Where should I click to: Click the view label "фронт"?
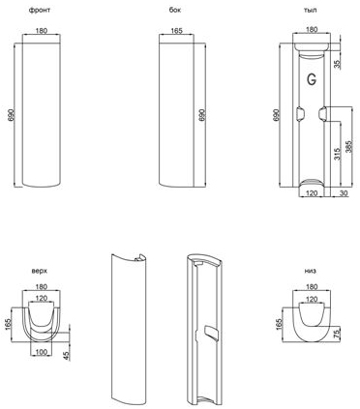click(x=40, y=10)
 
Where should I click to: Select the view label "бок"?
click(x=175, y=10)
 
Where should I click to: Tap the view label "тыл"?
click(x=311, y=10)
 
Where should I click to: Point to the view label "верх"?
click(x=40, y=271)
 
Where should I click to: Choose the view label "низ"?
click(x=311, y=271)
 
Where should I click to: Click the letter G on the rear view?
click(x=312, y=79)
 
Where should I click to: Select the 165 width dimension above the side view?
click(x=176, y=31)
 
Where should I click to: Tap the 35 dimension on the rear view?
click(x=337, y=64)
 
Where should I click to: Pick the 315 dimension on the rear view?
click(x=337, y=154)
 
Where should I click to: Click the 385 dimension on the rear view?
click(x=348, y=146)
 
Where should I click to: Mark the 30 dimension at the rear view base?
click(x=344, y=193)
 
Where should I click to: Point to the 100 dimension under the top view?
click(x=41, y=352)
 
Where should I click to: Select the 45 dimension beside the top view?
click(x=67, y=356)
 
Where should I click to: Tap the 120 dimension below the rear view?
click(x=312, y=193)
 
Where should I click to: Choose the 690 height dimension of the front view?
click(x=12, y=115)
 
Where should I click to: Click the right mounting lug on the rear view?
click(x=323, y=114)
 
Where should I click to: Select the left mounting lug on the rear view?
click(x=299, y=114)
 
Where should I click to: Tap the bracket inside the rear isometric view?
click(x=211, y=334)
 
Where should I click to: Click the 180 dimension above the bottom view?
click(x=312, y=286)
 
